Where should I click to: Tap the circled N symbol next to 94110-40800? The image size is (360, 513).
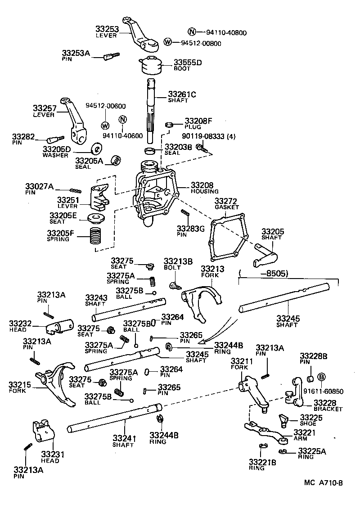pyautogui.click(x=192, y=32)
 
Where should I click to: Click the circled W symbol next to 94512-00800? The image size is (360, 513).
pyautogui.click(x=168, y=42)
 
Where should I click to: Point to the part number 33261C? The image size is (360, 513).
pyautogui.click(x=182, y=94)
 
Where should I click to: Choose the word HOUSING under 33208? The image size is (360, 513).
pyautogui.click(x=204, y=191)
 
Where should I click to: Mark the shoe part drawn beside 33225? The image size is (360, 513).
pyautogui.click(x=283, y=420)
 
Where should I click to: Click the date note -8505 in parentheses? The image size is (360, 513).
pyautogui.click(x=267, y=273)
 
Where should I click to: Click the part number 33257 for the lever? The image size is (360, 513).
pyautogui.click(x=44, y=108)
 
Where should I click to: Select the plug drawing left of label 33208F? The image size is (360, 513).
pyautogui.click(x=169, y=125)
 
